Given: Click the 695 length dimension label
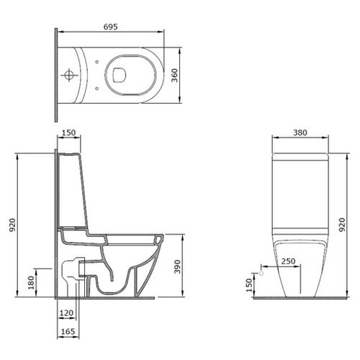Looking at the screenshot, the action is click(x=111, y=27).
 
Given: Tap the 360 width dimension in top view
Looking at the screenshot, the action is click(x=175, y=76).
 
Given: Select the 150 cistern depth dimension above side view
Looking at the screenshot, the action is click(x=68, y=132).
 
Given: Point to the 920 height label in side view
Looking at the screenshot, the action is click(x=12, y=225).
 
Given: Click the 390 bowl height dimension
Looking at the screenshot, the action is click(x=177, y=266).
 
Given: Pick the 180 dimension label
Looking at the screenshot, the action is click(x=31, y=282).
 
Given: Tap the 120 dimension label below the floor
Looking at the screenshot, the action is click(x=66, y=313).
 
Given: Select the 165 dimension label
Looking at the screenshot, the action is click(x=68, y=331).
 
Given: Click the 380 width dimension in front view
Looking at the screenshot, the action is click(x=300, y=132).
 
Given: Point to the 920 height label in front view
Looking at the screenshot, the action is click(x=342, y=225).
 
